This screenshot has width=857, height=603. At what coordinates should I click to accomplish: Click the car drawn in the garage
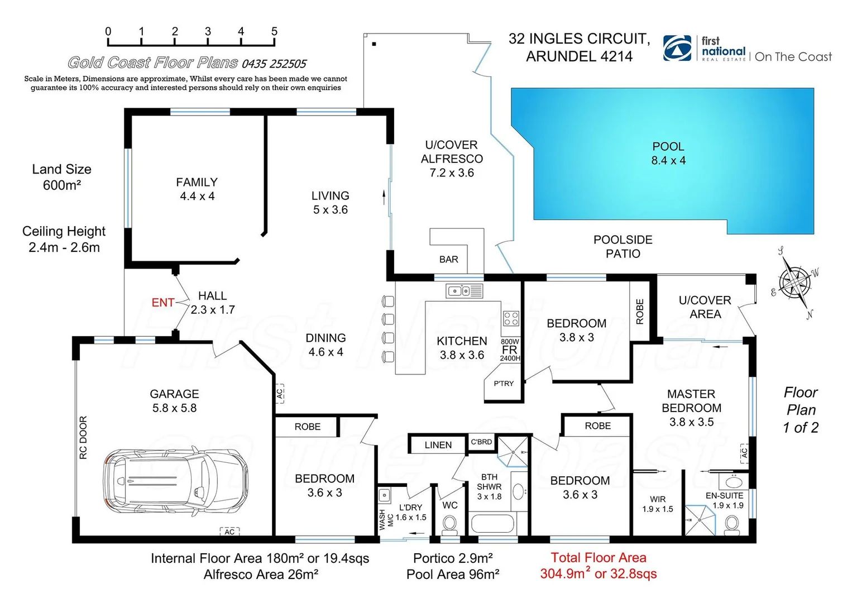click(175, 481)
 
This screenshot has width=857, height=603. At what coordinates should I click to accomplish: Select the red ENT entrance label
click(162, 303)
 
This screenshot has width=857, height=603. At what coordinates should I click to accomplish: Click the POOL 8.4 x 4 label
click(668, 154)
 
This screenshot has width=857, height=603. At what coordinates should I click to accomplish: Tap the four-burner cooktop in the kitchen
click(511, 318)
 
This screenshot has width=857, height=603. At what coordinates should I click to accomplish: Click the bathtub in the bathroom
click(493, 525)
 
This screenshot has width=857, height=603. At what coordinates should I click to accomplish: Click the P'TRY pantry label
click(504, 384)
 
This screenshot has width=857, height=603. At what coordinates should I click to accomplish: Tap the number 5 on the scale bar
click(274, 32)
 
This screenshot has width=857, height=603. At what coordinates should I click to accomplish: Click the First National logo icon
click(677, 48)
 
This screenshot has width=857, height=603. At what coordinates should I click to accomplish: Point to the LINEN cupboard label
click(438, 445)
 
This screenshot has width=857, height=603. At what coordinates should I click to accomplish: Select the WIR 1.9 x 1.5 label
click(658, 504)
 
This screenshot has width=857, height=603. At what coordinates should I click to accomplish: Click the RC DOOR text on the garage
click(84, 438)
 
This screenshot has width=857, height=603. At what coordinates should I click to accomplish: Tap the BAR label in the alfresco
click(448, 260)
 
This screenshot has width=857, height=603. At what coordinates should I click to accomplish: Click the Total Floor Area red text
click(599, 566)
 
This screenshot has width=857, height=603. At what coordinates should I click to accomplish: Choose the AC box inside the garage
click(229, 532)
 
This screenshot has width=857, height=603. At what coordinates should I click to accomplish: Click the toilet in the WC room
click(449, 524)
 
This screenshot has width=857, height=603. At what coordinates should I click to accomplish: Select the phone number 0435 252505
click(274, 64)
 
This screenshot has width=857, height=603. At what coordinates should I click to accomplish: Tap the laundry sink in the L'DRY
click(384, 495)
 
